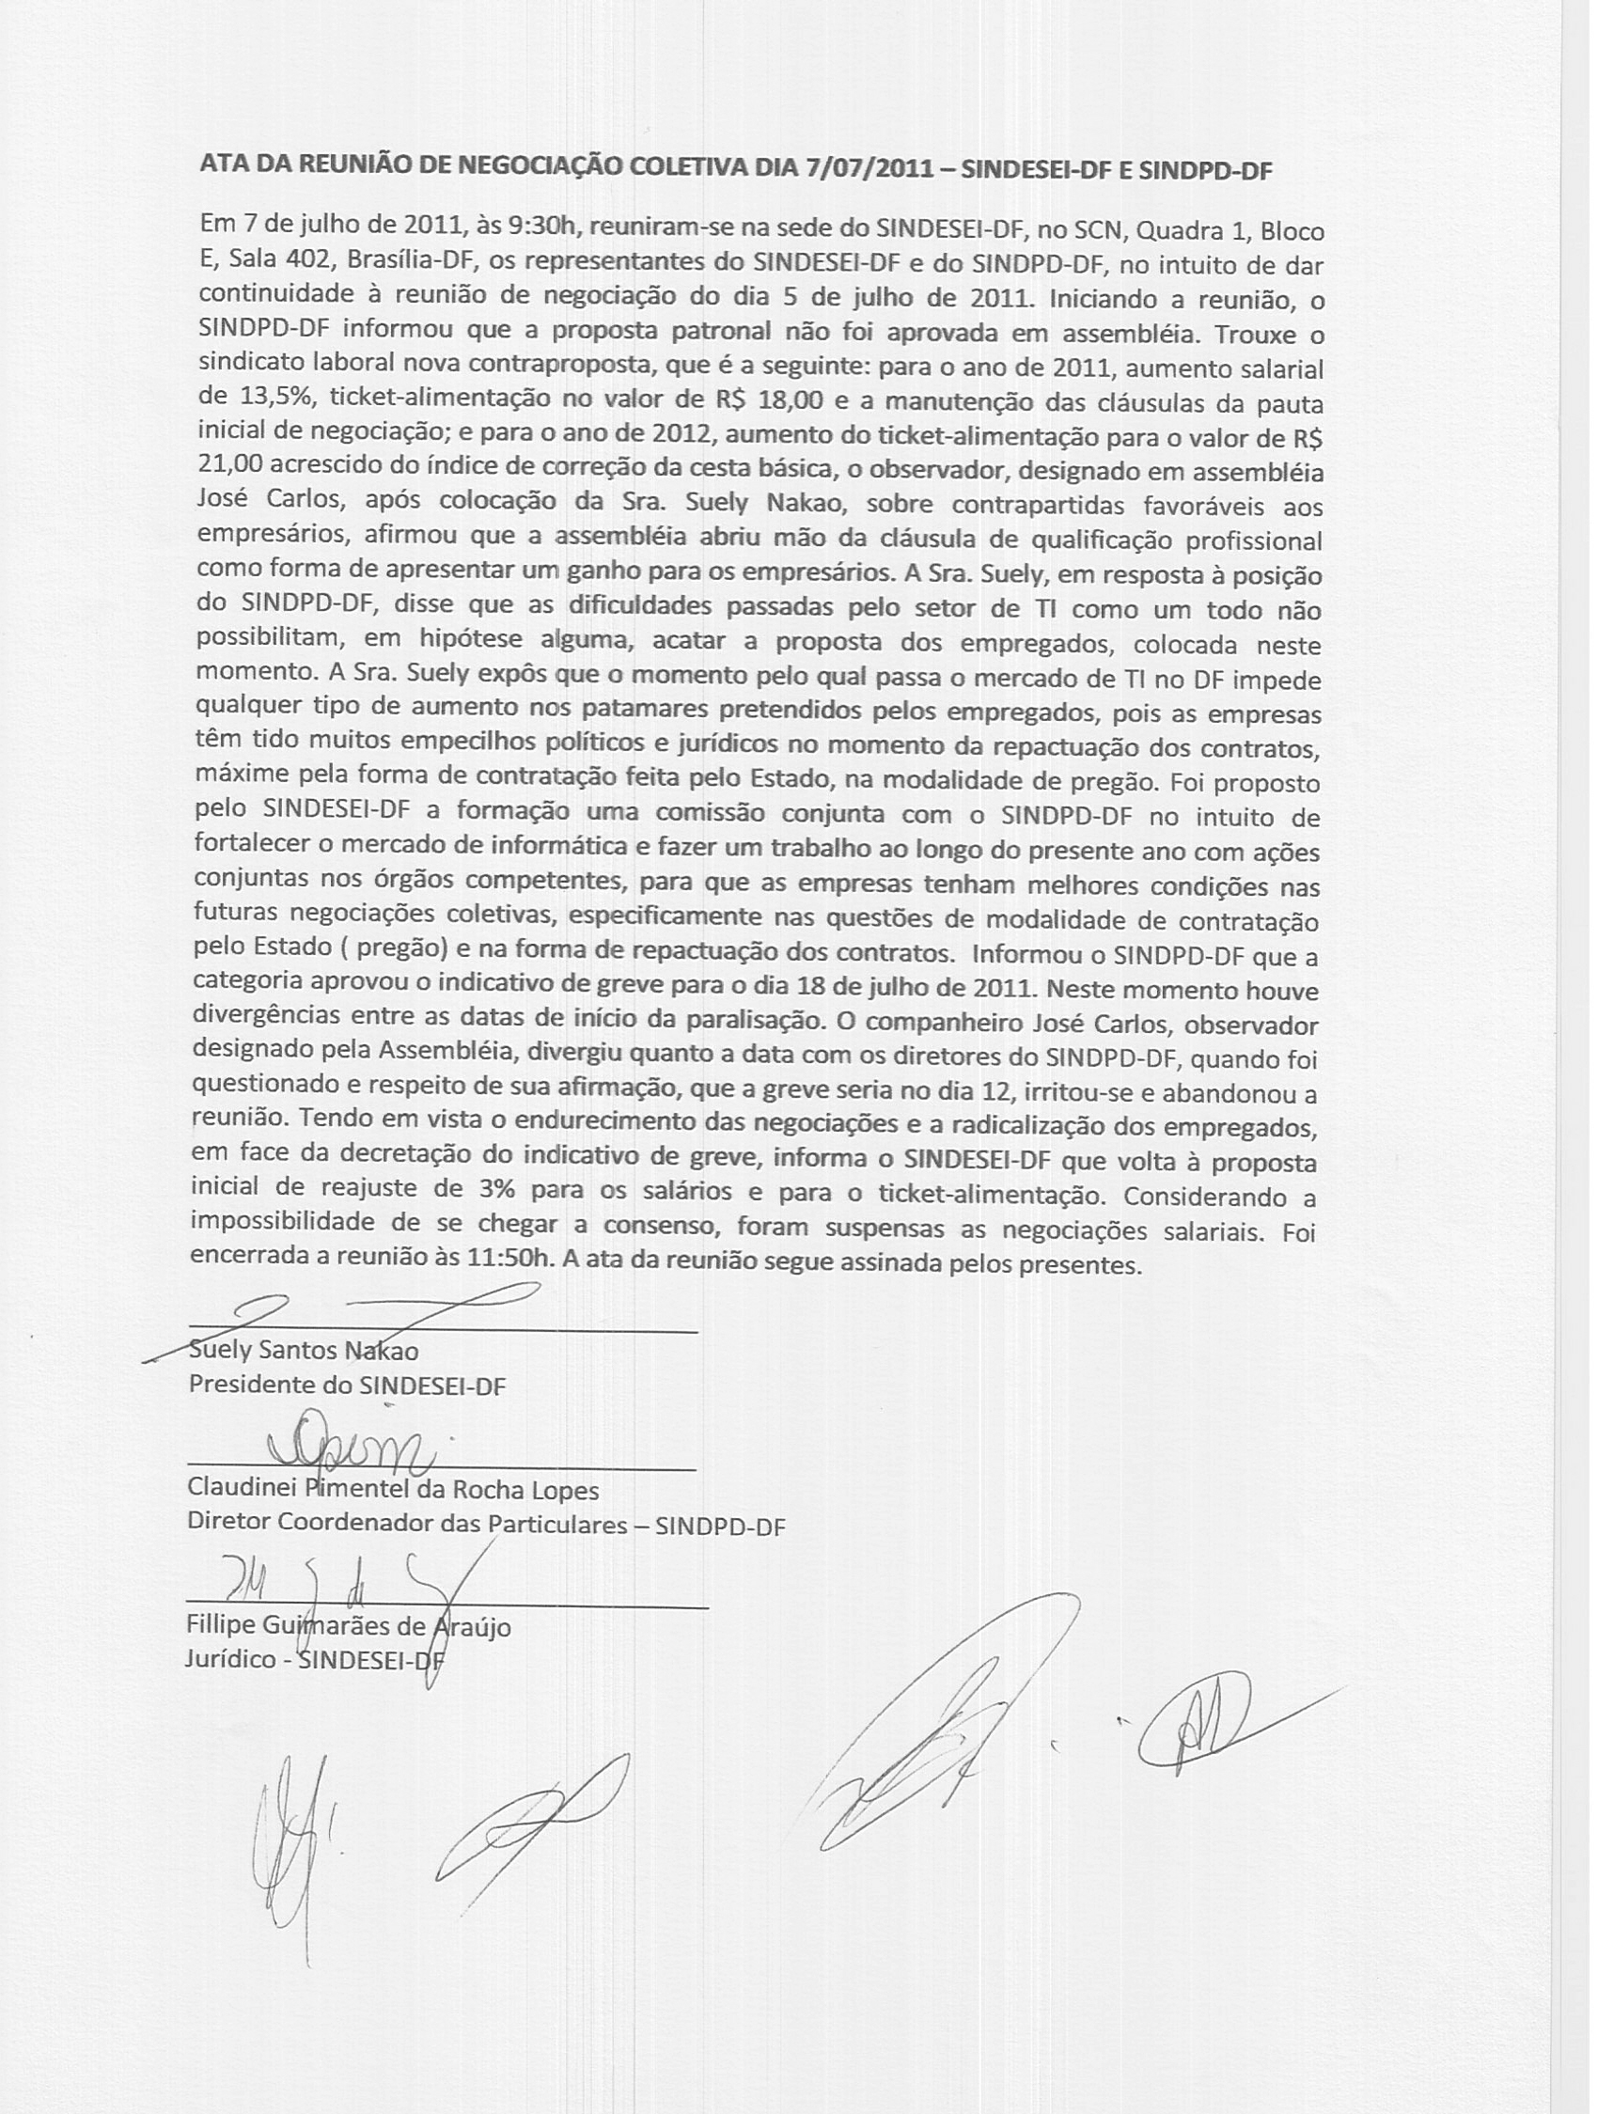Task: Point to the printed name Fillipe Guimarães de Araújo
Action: point(349,1627)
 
